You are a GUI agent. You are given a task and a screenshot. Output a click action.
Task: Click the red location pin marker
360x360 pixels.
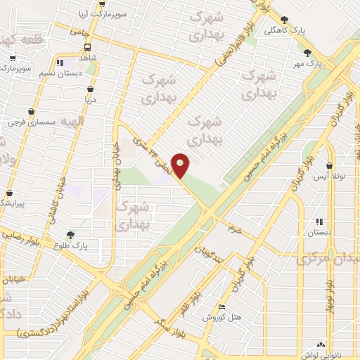coord(181,165)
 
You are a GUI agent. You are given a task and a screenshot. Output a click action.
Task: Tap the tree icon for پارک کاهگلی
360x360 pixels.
coord(284,20)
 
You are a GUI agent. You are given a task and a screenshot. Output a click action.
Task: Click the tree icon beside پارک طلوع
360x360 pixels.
coord(71,235)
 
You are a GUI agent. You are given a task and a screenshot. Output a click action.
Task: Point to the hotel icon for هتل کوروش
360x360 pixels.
coord(222,307)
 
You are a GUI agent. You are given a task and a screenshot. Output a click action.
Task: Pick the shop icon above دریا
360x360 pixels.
coord(91,89)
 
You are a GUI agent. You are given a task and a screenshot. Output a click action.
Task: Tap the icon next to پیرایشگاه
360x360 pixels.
coord(9,193)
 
